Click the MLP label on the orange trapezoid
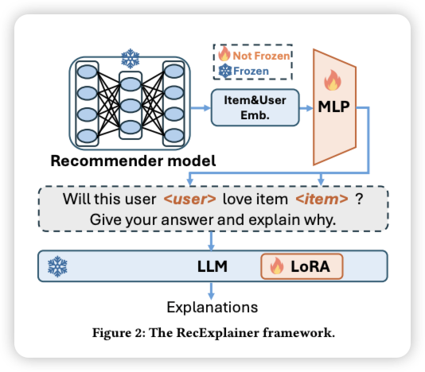(x=333, y=107)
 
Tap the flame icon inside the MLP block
(x=333, y=79)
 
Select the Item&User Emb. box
(x=255, y=107)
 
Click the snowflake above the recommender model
(x=131, y=59)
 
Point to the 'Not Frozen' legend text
(x=262, y=56)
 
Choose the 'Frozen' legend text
(x=251, y=72)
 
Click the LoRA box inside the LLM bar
(x=302, y=266)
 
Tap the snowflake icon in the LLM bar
(x=57, y=266)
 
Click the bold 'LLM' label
(x=212, y=266)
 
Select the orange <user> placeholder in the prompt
(x=189, y=200)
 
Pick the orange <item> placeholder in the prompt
(x=322, y=200)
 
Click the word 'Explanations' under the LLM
(x=212, y=308)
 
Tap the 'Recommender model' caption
(x=133, y=161)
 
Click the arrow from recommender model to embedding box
(x=201, y=108)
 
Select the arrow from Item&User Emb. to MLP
(x=306, y=108)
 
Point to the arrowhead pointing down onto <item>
(x=321, y=182)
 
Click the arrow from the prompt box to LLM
(x=211, y=241)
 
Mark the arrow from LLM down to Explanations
(x=211, y=291)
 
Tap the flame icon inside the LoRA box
(x=277, y=265)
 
